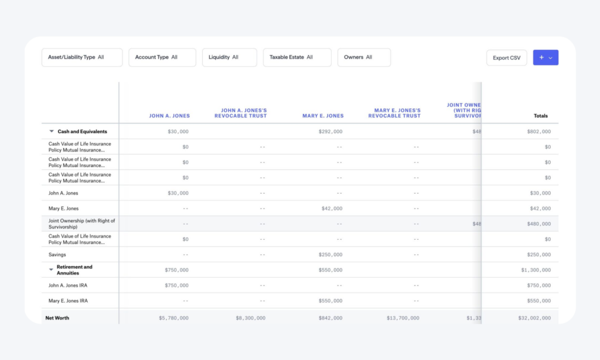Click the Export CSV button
coord(506,57)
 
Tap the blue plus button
coord(546,57)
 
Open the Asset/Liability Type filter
coord(81,57)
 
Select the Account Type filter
coord(162,57)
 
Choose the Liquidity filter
coord(229,57)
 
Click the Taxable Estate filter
coord(296,57)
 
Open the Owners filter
coord(363,57)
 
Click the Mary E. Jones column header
coord(323,116)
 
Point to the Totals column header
coord(540,116)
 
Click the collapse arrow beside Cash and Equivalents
coord(52,132)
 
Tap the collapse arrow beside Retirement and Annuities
coord(52,270)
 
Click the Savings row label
coord(57,254)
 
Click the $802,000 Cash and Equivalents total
coord(538,132)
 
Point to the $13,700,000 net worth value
coord(403,318)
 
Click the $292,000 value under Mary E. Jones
coord(330,132)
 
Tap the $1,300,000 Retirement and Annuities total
coord(535,270)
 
